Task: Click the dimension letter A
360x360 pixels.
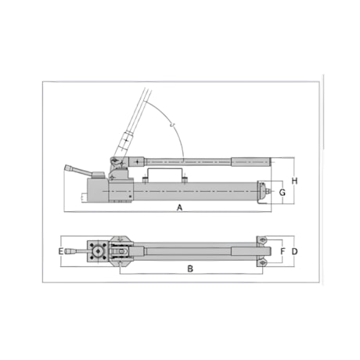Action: tap(179, 207)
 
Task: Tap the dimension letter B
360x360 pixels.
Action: tap(190, 268)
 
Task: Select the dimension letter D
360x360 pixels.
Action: tap(294, 251)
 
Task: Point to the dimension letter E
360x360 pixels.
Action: tap(60, 251)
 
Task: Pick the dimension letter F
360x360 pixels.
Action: tap(283, 251)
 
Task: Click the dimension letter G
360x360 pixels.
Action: tap(283, 193)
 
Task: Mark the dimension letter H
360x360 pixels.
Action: tap(294, 181)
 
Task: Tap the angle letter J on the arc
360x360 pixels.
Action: tap(171, 124)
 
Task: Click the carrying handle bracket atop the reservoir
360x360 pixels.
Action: tap(164, 173)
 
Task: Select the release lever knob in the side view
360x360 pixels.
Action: tap(69, 168)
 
